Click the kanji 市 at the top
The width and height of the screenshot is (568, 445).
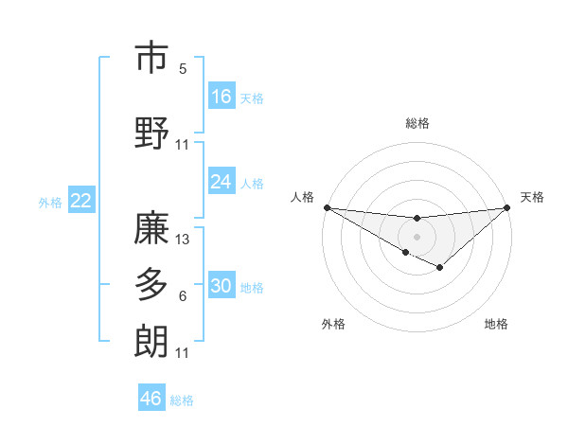tap(151, 59)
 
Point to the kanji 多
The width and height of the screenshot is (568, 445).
tap(151, 284)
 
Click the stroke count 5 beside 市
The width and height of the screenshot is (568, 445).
tap(183, 68)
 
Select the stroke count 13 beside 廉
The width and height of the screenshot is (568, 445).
tap(183, 240)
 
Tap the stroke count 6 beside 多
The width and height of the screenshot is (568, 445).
tap(183, 296)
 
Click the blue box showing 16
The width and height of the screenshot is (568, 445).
tap(222, 97)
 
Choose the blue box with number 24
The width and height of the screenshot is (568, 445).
tap(222, 182)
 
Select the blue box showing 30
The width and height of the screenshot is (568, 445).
tap(222, 287)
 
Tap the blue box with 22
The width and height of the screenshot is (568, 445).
tap(81, 200)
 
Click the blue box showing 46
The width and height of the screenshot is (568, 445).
tap(151, 399)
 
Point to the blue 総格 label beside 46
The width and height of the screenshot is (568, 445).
tap(182, 400)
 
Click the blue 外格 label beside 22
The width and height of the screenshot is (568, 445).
tap(50, 202)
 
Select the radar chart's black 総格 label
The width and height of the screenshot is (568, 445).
tap(417, 123)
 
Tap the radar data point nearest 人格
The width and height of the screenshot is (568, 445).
tap(327, 206)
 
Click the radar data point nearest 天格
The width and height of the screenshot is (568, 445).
tap(506, 206)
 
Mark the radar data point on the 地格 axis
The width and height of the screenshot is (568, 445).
tap(440, 268)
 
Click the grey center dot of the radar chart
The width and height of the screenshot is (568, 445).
tap(417, 235)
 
